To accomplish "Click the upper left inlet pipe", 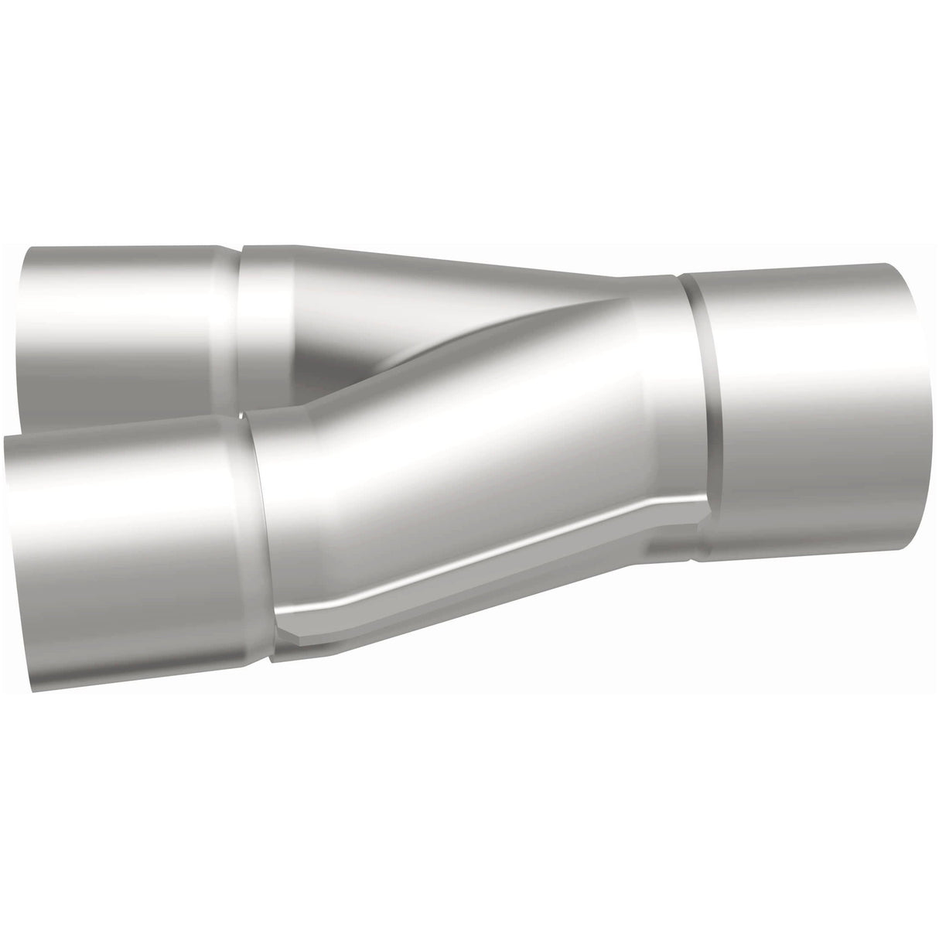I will (x=116, y=325).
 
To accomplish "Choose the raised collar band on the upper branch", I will (x=267, y=309).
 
